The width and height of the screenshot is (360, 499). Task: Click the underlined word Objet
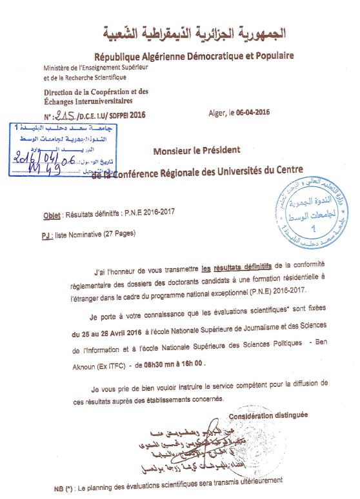51,213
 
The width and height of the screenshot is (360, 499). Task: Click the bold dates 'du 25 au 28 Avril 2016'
107,333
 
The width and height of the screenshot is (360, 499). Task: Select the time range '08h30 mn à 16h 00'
175,364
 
